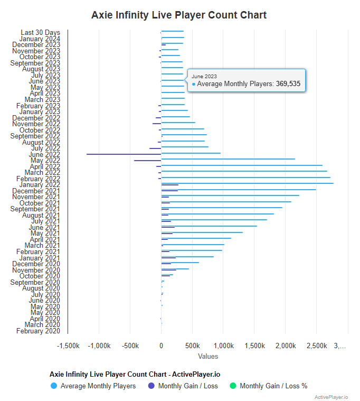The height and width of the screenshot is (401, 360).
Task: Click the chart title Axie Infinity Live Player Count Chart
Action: [179, 15]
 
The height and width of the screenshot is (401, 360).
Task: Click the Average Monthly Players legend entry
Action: [98, 386]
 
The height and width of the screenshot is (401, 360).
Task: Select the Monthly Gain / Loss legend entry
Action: [187, 386]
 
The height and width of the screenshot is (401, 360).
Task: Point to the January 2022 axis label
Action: [40, 184]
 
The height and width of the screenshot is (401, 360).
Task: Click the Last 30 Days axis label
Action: [41, 33]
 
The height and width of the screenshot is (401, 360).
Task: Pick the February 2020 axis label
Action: [38, 331]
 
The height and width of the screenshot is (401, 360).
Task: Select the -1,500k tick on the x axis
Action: [68, 346]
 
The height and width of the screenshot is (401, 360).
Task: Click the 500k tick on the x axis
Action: [193, 346]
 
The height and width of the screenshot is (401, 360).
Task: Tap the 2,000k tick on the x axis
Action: [286, 346]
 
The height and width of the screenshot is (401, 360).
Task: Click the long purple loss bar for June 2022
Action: [124, 154]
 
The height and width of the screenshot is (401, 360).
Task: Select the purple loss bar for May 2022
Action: [147, 161]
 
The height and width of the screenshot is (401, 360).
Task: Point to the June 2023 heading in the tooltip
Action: [204, 77]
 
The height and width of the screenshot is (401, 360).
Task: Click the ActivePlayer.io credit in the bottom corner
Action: [331, 397]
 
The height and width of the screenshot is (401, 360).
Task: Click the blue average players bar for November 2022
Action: [178, 123]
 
